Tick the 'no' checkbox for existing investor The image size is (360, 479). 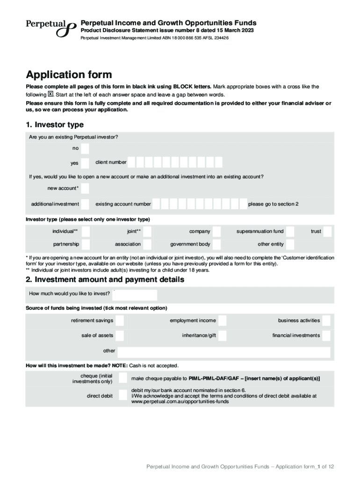click(85, 148)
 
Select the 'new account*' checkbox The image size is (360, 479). click(85, 189)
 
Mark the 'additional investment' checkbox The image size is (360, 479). click(85, 204)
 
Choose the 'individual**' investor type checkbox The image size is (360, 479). click(85, 232)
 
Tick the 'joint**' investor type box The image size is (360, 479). click(147, 232)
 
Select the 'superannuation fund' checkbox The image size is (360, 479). click(290, 232)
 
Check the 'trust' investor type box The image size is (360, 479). click(327, 232)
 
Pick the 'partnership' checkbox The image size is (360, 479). click(85, 244)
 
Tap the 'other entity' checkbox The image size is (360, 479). click(290, 244)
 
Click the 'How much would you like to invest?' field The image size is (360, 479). click(135, 295)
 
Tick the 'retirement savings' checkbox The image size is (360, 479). click(120, 320)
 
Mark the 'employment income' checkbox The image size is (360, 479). click(223, 320)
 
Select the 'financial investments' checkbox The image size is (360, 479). click(326, 335)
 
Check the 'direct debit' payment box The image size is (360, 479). click(122, 395)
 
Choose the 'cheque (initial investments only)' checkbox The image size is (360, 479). click(122, 378)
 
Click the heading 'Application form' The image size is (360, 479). click(69, 75)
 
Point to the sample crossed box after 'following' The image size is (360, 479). click(51, 94)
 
